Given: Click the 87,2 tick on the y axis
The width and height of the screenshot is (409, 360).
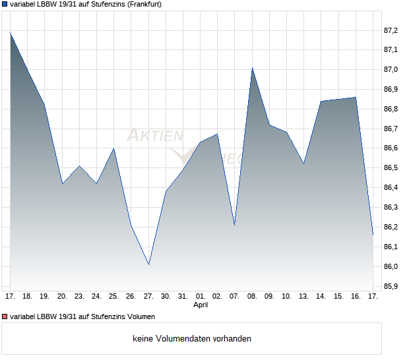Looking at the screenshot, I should click(x=391, y=30).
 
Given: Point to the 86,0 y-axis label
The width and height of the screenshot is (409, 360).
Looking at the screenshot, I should click(x=391, y=267).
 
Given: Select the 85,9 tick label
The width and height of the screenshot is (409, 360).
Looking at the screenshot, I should click(x=391, y=287).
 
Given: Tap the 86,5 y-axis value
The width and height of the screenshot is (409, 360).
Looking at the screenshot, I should click(x=391, y=168).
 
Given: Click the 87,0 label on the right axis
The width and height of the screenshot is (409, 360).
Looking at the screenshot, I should click(x=391, y=69).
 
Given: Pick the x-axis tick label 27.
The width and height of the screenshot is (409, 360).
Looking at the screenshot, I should click(x=148, y=296).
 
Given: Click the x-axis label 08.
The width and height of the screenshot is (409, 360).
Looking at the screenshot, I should click(x=252, y=296).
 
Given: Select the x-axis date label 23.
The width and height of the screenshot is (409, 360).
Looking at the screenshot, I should click(x=79, y=296).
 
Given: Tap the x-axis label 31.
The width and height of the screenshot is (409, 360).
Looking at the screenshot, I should click(x=183, y=296).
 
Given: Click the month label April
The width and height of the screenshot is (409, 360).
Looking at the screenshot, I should click(x=201, y=305).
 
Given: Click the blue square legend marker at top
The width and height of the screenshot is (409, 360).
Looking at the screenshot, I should click(x=5, y=5).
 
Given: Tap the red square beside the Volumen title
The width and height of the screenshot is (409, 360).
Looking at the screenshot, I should click(x=5, y=317).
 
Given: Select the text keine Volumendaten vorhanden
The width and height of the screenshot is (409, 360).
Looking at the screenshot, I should click(x=192, y=339).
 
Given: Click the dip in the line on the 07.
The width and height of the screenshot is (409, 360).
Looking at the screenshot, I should click(x=234, y=225).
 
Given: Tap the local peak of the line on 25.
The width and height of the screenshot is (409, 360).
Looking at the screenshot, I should click(x=114, y=148).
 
